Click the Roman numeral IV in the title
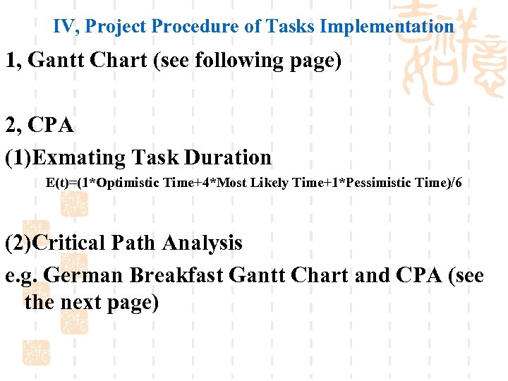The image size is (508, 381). pyautogui.click(x=65, y=27)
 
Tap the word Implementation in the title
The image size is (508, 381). pyautogui.click(x=387, y=27)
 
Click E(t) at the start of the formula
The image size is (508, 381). pyautogui.click(x=60, y=183)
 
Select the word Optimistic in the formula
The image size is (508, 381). pyautogui.click(x=128, y=183)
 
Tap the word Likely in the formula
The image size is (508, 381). pyautogui.click(x=268, y=183)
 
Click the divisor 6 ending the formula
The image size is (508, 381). pyautogui.click(x=459, y=183)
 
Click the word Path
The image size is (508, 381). pyautogui.click(x=134, y=243)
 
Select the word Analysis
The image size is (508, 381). pyautogui.click(x=202, y=243)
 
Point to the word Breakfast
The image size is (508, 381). pyautogui.click(x=179, y=274)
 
